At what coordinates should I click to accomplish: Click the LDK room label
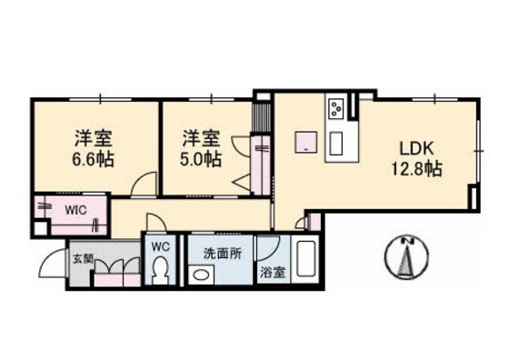pyautogui.click(x=416, y=149)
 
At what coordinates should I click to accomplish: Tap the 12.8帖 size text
pyautogui.click(x=416, y=169)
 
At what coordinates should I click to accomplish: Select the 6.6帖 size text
pyautogui.click(x=93, y=159)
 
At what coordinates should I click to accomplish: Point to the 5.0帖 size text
pyautogui.click(x=201, y=159)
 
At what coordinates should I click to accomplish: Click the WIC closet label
pyautogui.click(x=75, y=210)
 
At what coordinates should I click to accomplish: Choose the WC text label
pyautogui.click(x=161, y=247)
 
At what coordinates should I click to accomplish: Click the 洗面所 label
pyautogui.click(x=223, y=254)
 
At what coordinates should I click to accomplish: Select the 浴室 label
pyautogui.click(x=273, y=273)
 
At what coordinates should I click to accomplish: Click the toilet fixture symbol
pyautogui.click(x=161, y=269)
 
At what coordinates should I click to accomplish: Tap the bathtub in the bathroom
pyautogui.click(x=305, y=260)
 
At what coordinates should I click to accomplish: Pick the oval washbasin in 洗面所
pyautogui.click(x=201, y=275)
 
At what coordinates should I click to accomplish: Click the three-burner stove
pyautogui.click(x=336, y=109)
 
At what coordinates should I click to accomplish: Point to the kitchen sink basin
pyautogui.click(x=336, y=143)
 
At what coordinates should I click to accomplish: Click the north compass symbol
pyautogui.click(x=406, y=258)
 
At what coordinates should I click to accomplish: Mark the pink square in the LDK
pyautogui.click(x=306, y=142)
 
